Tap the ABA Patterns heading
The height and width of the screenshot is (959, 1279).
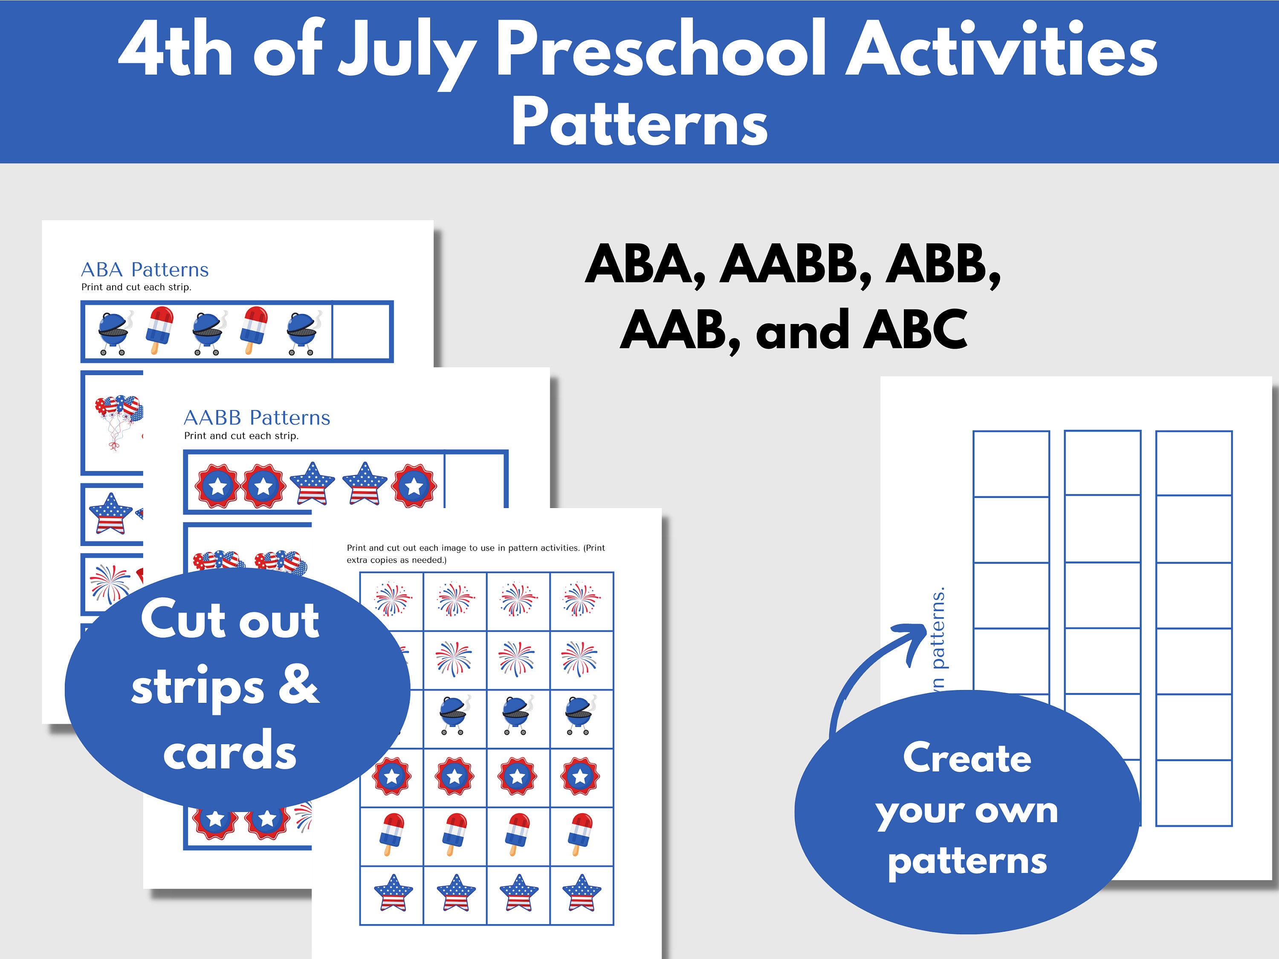(x=145, y=269)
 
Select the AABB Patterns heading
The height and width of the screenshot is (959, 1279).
(x=257, y=417)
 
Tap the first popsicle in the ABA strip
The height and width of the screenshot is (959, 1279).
(x=160, y=329)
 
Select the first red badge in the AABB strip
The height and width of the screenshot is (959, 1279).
(x=217, y=485)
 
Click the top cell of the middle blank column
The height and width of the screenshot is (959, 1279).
(x=1102, y=462)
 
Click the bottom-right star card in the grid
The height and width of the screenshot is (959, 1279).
(x=581, y=894)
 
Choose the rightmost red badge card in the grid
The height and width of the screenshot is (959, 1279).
(x=581, y=776)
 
